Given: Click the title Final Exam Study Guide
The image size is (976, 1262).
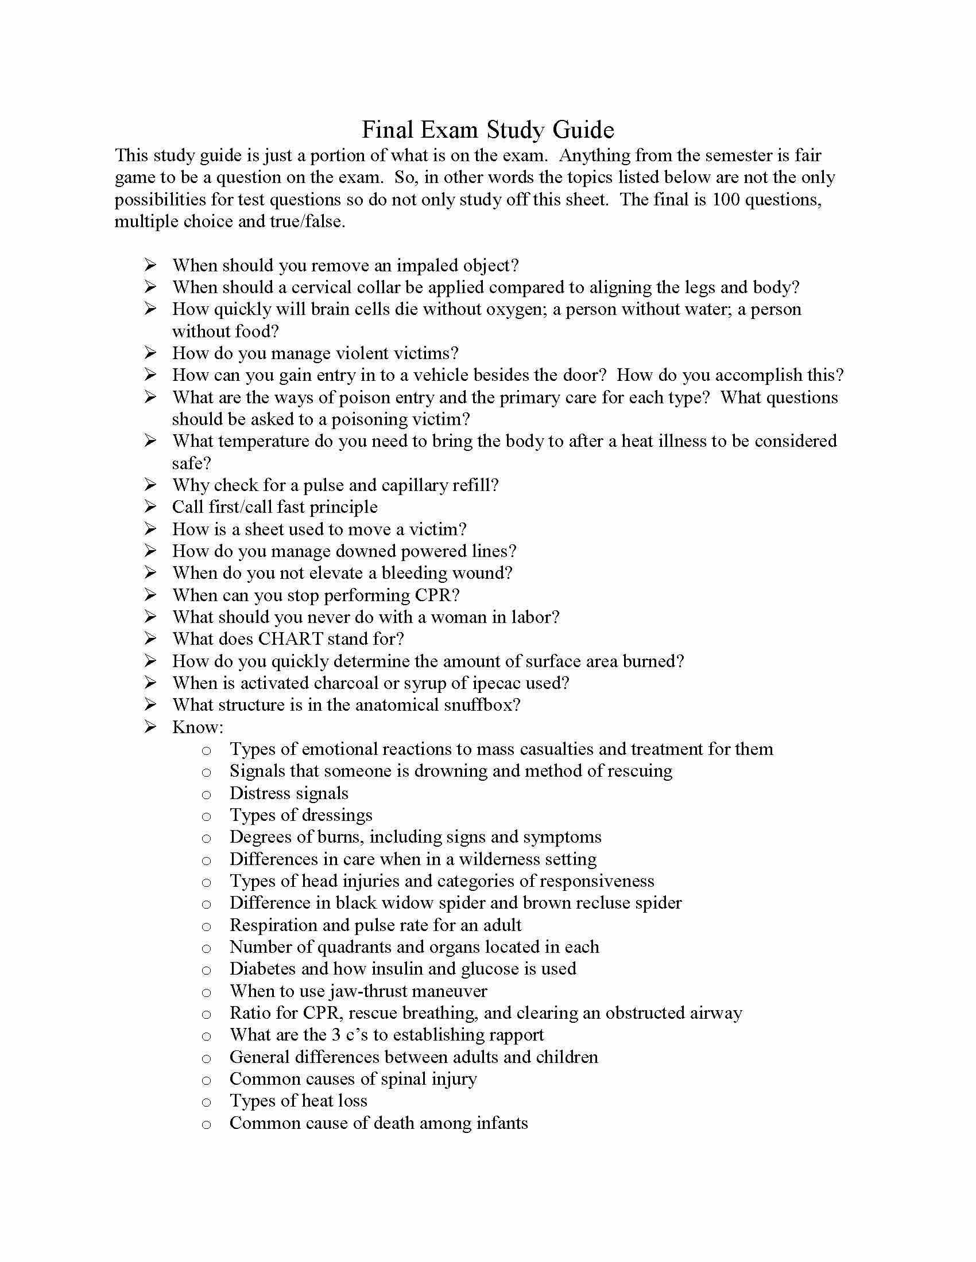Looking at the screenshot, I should point(487,130).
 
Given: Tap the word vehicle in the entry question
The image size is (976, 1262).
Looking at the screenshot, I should point(435,376).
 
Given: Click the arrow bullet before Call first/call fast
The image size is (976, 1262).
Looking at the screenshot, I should point(150,507).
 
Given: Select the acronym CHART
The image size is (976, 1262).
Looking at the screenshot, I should point(291,639).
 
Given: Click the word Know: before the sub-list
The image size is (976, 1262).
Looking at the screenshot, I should point(197,727).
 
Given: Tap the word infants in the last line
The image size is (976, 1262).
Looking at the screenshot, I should point(502,1123).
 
